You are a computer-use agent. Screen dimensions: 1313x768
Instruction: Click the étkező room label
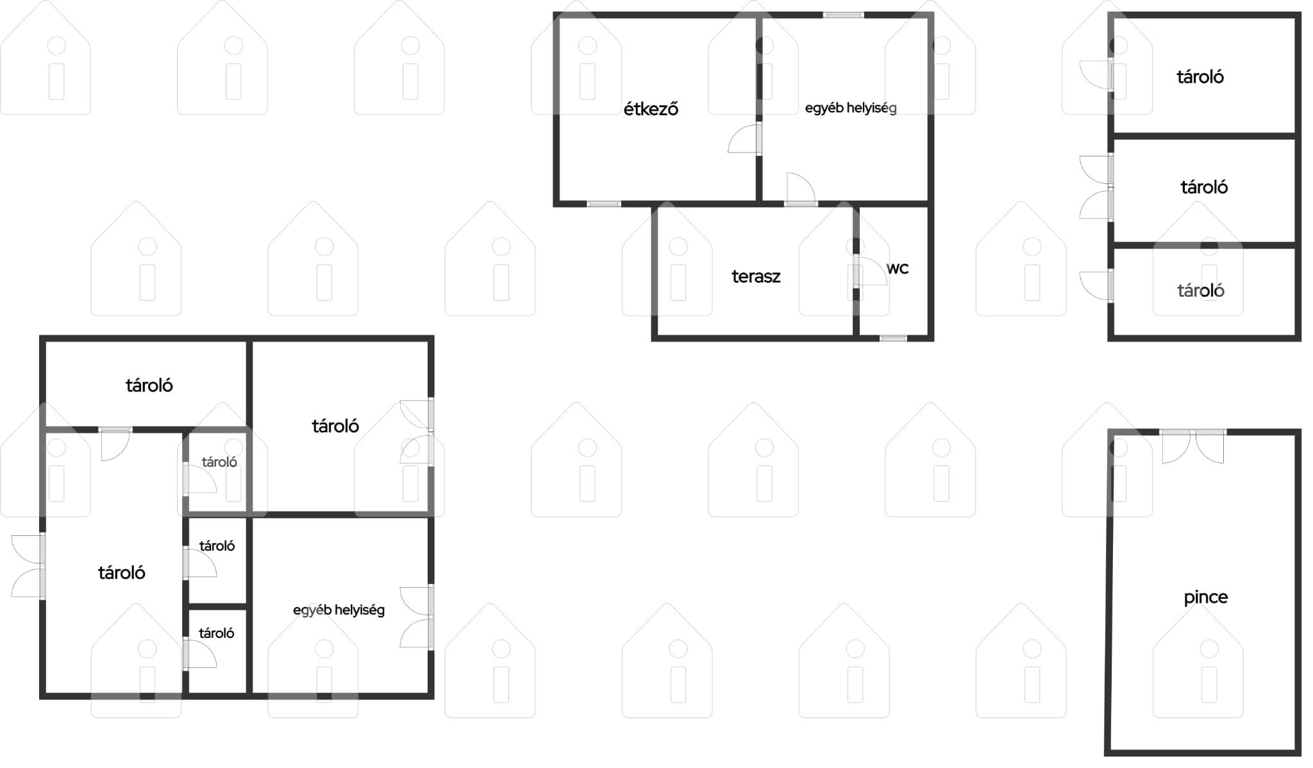(651, 109)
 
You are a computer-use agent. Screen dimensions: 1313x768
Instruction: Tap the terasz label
(756, 276)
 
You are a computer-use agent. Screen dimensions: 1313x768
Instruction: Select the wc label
(898, 269)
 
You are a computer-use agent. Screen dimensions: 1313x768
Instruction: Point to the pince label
(1205, 597)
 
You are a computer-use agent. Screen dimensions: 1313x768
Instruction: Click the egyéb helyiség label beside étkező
(851, 108)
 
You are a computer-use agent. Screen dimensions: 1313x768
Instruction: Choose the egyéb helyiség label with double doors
(339, 610)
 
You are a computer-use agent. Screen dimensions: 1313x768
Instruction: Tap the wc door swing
(871, 271)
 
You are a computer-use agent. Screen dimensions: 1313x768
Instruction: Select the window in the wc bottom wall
(893, 338)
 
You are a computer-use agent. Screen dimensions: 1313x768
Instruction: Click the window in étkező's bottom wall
(604, 204)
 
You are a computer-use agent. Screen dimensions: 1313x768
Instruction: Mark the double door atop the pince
(1193, 446)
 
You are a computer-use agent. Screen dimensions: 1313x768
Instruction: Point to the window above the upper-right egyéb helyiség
(844, 15)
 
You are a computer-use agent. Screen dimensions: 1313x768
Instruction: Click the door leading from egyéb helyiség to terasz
(801, 189)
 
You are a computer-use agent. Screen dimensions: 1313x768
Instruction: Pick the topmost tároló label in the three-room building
(1200, 77)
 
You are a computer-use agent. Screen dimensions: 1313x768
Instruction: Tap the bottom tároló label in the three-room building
(1201, 290)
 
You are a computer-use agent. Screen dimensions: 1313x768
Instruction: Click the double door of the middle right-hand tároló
(1096, 187)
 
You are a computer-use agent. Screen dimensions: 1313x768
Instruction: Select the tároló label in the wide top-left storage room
(149, 385)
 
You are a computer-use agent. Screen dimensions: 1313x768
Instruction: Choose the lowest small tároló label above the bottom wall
(217, 633)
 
